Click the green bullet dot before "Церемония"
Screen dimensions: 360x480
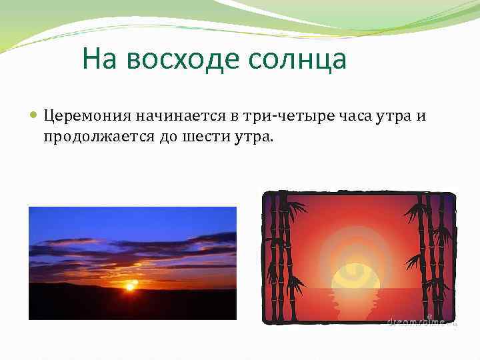pos(35,116)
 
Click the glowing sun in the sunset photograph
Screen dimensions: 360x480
pos(131,285)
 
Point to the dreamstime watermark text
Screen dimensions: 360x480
pos(415,321)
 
